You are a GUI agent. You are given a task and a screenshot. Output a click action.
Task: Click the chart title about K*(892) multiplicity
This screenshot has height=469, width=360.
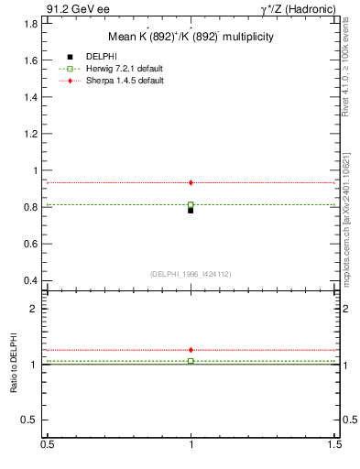[x=191, y=38]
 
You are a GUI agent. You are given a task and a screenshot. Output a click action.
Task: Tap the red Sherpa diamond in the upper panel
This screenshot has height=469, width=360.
[x=191, y=183]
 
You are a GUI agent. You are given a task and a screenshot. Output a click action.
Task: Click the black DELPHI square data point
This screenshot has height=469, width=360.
[x=191, y=210]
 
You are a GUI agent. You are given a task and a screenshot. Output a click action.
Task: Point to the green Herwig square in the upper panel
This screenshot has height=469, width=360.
[x=191, y=205]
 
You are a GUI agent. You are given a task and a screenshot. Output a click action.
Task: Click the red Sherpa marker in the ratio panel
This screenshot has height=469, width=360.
[x=191, y=350]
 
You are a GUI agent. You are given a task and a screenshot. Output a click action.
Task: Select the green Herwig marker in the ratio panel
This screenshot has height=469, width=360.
[x=191, y=361]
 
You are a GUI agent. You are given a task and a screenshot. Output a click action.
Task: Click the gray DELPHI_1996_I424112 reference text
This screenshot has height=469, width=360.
[x=191, y=273]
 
